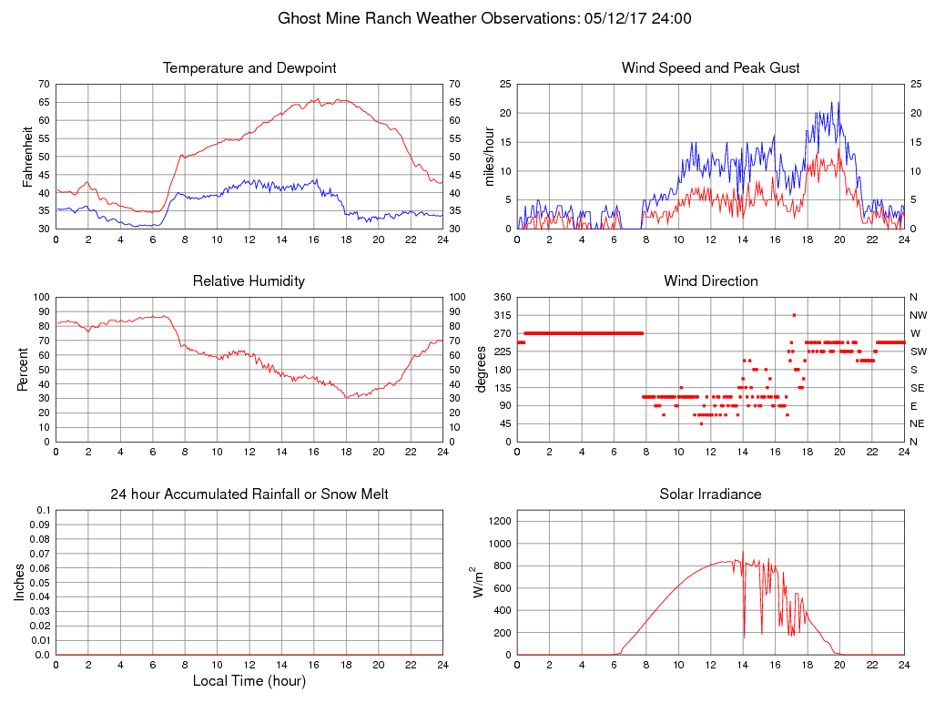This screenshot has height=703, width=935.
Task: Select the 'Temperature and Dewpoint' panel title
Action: (x=249, y=68)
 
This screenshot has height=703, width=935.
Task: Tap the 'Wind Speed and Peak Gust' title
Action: (x=710, y=68)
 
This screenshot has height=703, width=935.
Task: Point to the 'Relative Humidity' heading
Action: (x=249, y=281)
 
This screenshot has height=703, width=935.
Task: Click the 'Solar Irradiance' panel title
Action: (x=710, y=494)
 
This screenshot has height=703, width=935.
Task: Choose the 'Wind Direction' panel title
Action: (x=710, y=281)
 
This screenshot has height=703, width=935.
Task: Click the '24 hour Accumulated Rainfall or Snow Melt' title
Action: (x=249, y=494)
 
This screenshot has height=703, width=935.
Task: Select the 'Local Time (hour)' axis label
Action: (x=249, y=680)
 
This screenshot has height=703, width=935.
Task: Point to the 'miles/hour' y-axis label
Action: (x=490, y=157)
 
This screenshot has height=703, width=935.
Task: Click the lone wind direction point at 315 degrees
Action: (x=794, y=315)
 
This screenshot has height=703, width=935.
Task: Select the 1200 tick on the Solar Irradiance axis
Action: (x=497, y=522)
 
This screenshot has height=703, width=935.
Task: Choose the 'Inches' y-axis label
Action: (x=20, y=583)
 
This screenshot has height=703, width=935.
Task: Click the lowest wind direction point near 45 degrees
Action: (x=701, y=423)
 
